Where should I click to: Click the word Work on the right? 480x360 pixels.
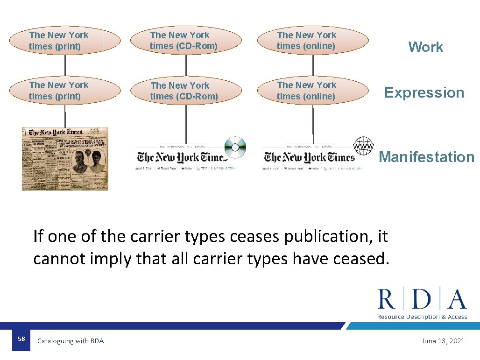pyautogui.click(x=425, y=47)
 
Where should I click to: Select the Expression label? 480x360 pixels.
pyautogui.click(x=424, y=92)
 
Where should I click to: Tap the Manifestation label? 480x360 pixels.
pyautogui.click(x=426, y=157)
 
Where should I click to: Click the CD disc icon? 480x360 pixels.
pyautogui.click(x=235, y=148)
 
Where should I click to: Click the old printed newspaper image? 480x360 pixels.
pyautogui.click(x=65, y=159)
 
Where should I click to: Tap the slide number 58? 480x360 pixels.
pyautogui.click(x=21, y=338)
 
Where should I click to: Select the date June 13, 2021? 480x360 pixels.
pyautogui.click(x=443, y=341)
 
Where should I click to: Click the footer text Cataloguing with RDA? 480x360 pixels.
pyautogui.click(x=71, y=341)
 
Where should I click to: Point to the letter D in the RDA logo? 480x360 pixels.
pyautogui.click(x=422, y=299)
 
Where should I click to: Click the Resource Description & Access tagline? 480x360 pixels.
pyautogui.click(x=422, y=317)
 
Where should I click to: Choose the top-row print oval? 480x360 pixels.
pyautogui.click(x=65, y=41)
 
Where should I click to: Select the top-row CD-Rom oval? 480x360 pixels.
pyautogui.click(x=185, y=41)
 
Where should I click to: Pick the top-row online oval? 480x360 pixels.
pyautogui.click(x=312, y=41)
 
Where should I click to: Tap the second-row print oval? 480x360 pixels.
pyautogui.click(x=65, y=91)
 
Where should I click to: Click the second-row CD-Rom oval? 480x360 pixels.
pyautogui.click(x=185, y=91)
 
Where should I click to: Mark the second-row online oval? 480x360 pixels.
pyautogui.click(x=312, y=91)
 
